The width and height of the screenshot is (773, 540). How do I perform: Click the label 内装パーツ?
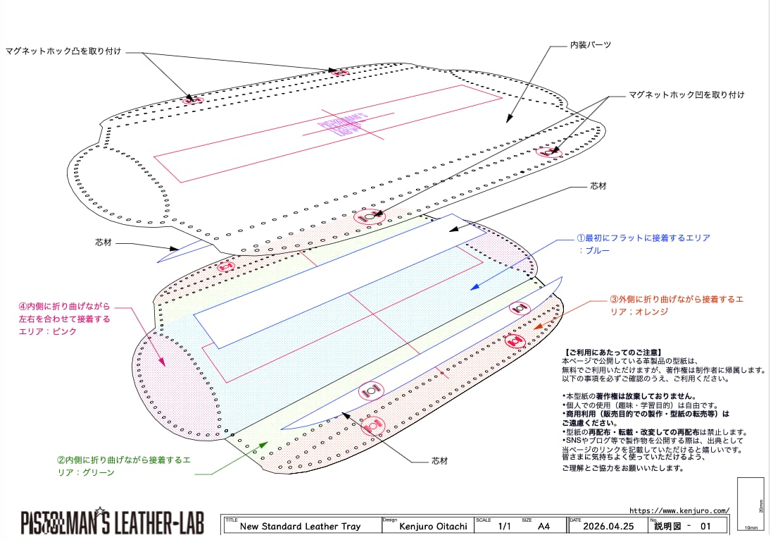pyautogui.click(x=590, y=44)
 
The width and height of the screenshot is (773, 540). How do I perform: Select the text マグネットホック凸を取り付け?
pyautogui.click(x=63, y=51)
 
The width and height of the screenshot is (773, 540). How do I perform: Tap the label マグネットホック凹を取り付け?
pyautogui.click(x=686, y=94)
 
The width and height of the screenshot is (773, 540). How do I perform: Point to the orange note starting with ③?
pyautogui.click(x=676, y=305)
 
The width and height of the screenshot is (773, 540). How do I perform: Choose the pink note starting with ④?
pyautogui.click(x=65, y=319)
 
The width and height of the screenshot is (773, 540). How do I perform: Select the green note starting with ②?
pyautogui.click(x=123, y=466)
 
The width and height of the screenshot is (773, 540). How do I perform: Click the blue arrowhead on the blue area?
pyautogui.click(x=473, y=287)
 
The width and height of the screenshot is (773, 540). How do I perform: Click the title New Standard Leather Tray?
pyautogui.click(x=300, y=526)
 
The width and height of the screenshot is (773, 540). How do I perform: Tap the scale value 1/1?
pyautogui.click(x=504, y=526)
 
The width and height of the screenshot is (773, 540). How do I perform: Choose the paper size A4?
pyautogui.click(x=543, y=526)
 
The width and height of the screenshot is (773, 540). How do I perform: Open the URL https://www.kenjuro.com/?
pyautogui.click(x=679, y=510)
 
